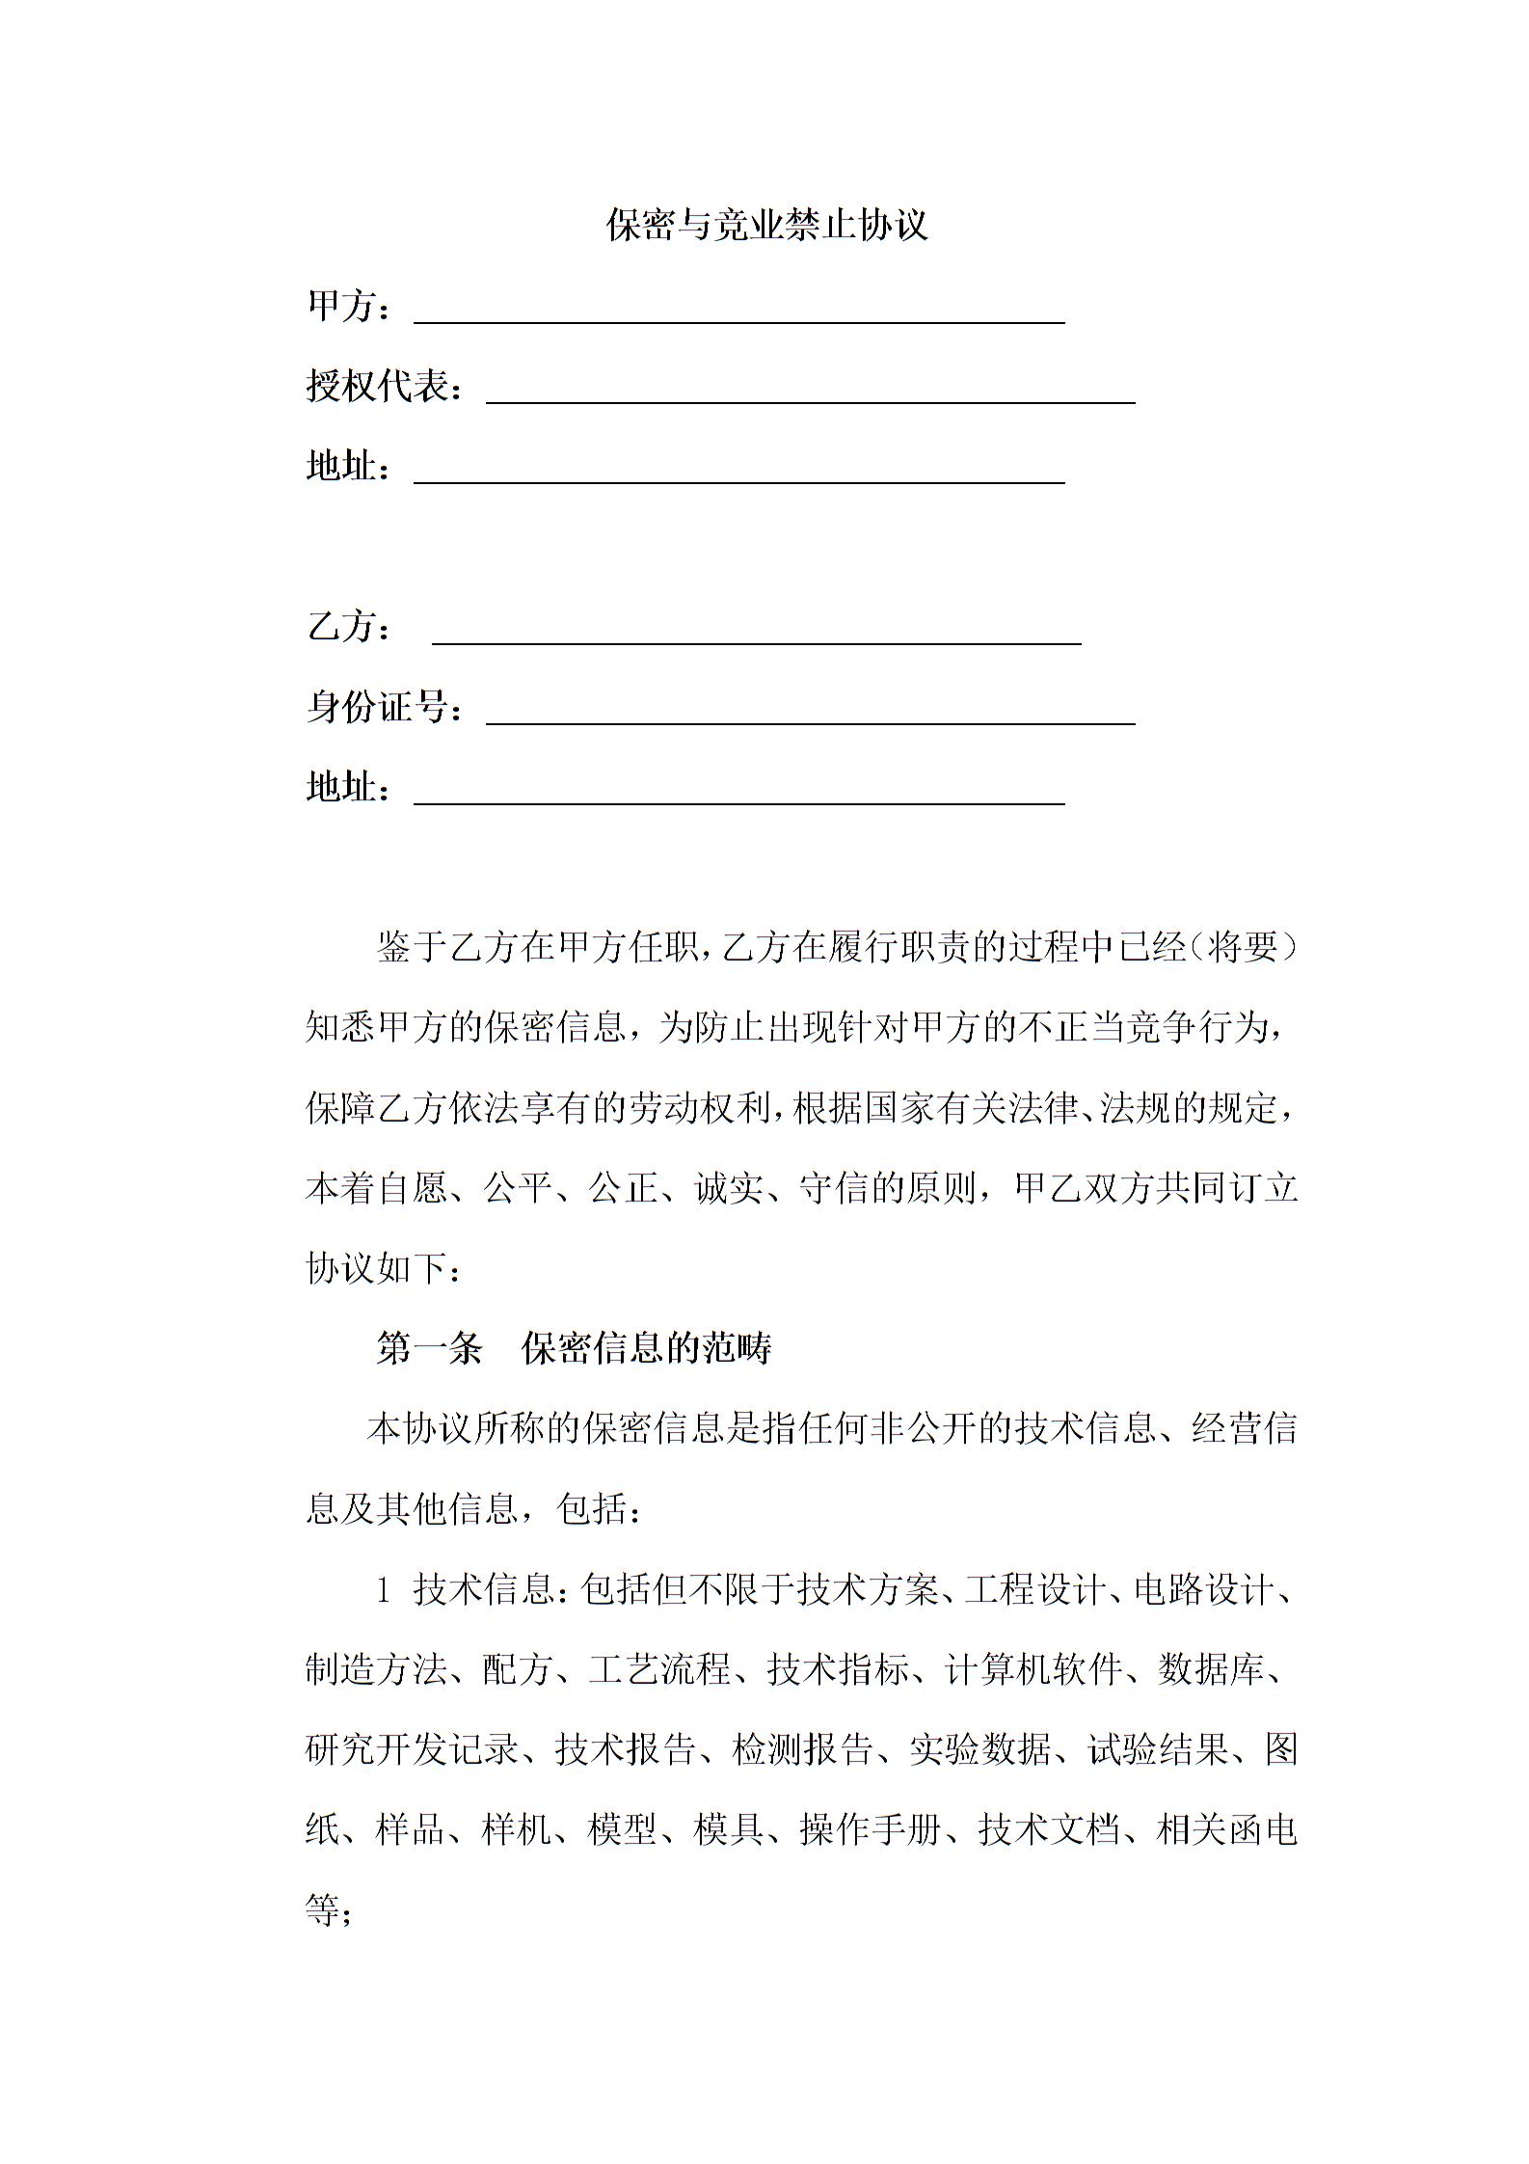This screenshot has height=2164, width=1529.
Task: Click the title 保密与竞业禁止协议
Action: [x=766, y=225]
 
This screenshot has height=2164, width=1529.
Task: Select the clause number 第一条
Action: [x=429, y=1349]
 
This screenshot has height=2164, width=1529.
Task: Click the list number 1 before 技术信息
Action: [x=384, y=1590]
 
